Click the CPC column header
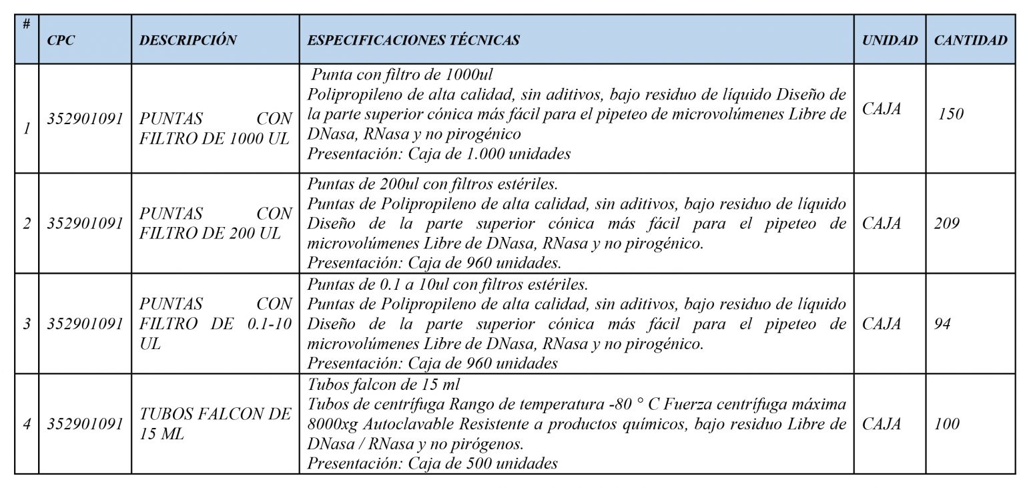coord(61,40)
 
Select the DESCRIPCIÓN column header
coord(188,40)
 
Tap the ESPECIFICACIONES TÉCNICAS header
coord(413,40)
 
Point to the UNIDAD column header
coord(890,40)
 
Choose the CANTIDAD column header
coord(970,40)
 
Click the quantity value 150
coord(950,114)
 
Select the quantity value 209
coord(946,224)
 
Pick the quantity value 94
coord(942,324)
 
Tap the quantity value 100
coord(946,424)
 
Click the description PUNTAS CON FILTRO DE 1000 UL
coord(215,129)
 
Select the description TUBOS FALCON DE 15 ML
coord(215,424)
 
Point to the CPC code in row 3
coord(85,324)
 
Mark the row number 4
coord(27,425)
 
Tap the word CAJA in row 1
coord(882,109)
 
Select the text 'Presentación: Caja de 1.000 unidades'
coord(438,154)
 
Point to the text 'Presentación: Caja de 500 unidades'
coord(432,463)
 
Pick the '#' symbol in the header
coord(26,24)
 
